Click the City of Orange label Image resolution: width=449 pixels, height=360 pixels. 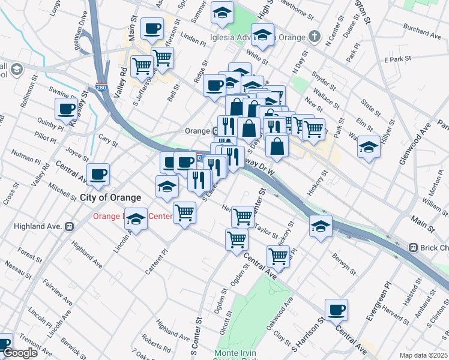tap(110, 197)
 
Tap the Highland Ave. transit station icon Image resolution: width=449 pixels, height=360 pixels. tap(69, 226)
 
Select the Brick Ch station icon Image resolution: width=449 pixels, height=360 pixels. tap(413, 247)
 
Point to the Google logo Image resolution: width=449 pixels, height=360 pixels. tap(20, 353)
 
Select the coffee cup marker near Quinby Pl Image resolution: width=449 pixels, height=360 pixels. tap(67, 109)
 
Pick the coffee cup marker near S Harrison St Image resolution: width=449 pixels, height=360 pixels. tap(337, 310)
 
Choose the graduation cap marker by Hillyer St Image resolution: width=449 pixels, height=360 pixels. tap(369, 147)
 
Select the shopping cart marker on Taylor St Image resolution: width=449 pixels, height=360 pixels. tap(243, 216)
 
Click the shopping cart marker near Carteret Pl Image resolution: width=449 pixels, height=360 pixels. tap(184, 212)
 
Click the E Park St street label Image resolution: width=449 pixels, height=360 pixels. tap(396, 59)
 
